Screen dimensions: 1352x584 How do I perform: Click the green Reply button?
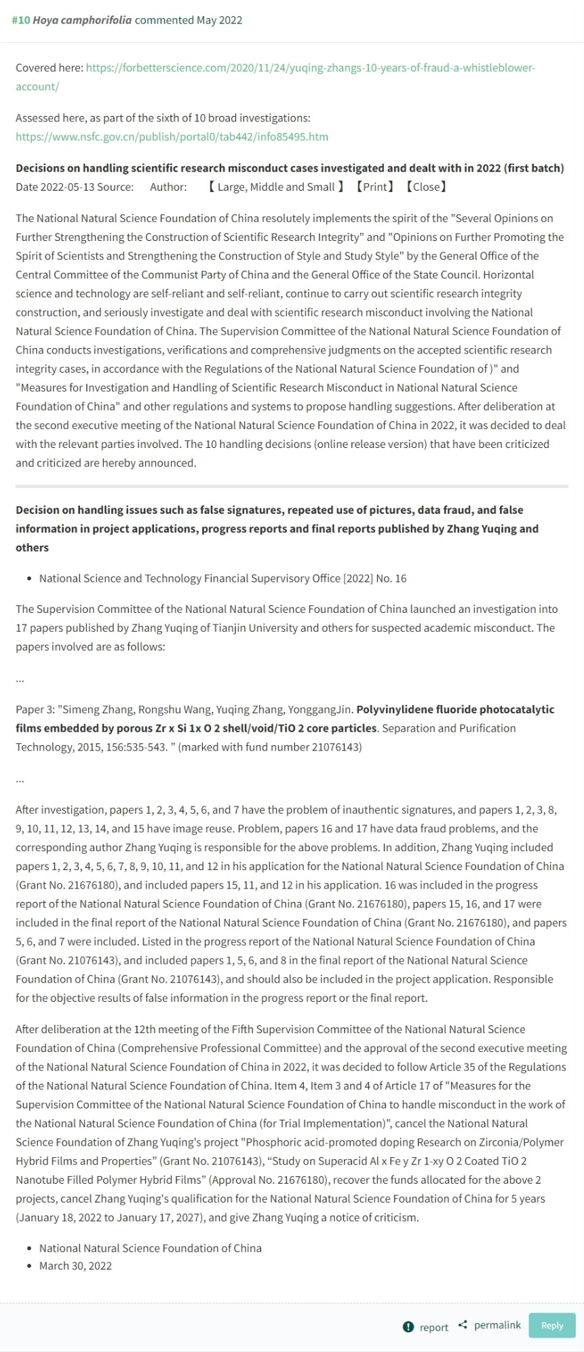click(551, 1326)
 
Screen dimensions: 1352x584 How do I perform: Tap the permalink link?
click(497, 1325)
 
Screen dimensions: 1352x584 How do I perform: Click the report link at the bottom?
click(433, 1327)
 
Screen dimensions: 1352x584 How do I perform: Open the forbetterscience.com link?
click(310, 68)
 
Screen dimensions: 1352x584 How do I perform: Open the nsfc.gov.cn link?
click(172, 136)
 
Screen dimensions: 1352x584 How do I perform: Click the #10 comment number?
click(21, 20)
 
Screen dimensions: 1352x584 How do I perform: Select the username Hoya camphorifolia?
click(82, 20)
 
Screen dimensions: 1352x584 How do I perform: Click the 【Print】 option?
click(374, 187)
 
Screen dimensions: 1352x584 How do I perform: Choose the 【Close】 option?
click(426, 187)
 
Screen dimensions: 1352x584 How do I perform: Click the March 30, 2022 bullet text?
click(75, 1266)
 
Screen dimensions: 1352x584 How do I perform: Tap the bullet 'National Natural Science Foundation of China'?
click(150, 1248)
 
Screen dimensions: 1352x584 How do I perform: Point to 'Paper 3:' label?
click(35, 709)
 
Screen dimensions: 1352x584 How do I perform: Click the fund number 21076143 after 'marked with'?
click(332, 747)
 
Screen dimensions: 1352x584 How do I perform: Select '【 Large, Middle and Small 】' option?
click(275, 187)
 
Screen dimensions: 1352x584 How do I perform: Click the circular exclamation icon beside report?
click(408, 1327)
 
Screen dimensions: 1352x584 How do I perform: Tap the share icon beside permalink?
click(463, 1325)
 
